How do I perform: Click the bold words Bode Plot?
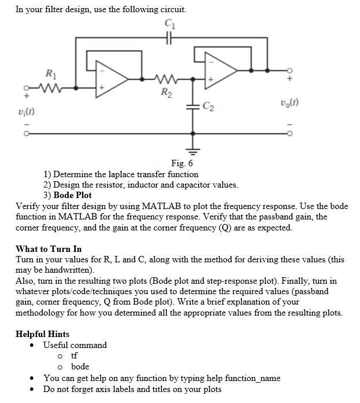click(72, 195)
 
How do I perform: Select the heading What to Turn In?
click(49, 249)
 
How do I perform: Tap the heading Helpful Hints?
click(42, 334)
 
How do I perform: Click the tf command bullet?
click(74, 356)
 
